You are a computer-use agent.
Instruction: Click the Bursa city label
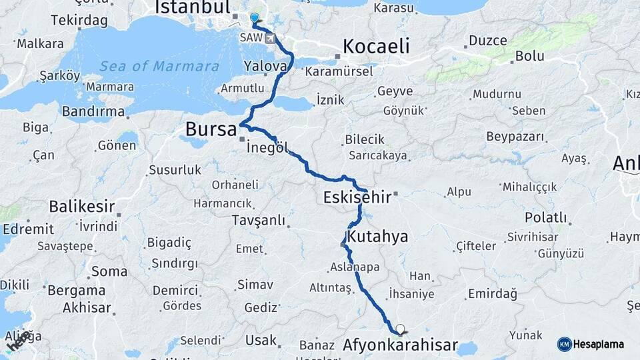(211, 129)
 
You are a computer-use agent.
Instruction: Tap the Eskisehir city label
(357, 197)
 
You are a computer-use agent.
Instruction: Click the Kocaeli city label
(375, 46)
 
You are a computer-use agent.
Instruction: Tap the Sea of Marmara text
(159, 67)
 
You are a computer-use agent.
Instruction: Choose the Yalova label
(265, 67)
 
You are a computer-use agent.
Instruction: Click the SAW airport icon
(270, 38)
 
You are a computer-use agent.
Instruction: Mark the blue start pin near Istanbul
(254, 19)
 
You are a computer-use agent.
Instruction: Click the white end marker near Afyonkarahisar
(400, 329)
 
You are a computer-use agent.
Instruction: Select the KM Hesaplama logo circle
(565, 344)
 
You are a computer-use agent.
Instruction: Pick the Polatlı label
(545, 218)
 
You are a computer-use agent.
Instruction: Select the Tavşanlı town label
(259, 220)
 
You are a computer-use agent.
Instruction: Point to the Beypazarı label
(515, 137)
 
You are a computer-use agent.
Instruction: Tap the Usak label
(261, 340)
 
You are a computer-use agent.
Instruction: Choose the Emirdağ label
(493, 293)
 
